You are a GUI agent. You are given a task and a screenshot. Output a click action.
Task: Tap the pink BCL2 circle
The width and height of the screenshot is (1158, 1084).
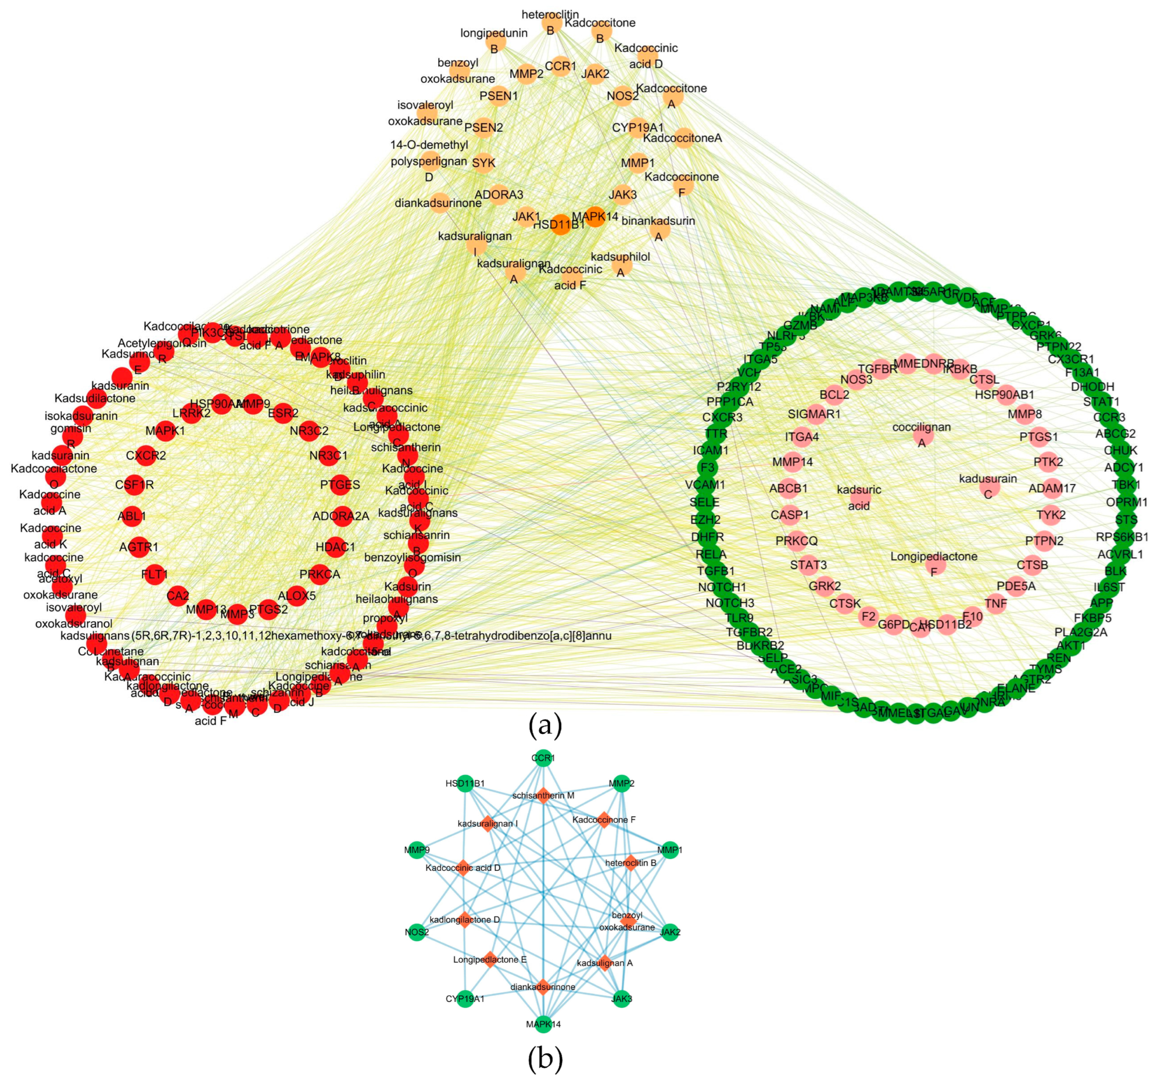click(x=835, y=395)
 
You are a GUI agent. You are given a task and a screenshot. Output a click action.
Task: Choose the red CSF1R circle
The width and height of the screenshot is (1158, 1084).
click(x=134, y=484)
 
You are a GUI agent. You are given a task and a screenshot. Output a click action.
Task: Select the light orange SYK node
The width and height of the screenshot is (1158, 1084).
click(x=483, y=163)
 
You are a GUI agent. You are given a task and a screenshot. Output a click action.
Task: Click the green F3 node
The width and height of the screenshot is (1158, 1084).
click(x=708, y=468)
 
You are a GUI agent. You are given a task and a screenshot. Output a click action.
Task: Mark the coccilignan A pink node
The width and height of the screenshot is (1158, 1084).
click(x=922, y=435)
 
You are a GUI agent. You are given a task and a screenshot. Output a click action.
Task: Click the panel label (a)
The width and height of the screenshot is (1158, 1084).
click(x=545, y=725)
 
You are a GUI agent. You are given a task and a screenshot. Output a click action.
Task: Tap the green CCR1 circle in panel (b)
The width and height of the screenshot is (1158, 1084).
click(x=543, y=758)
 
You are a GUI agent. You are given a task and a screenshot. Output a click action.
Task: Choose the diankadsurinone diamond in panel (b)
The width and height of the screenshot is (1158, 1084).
click(x=543, y=987)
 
